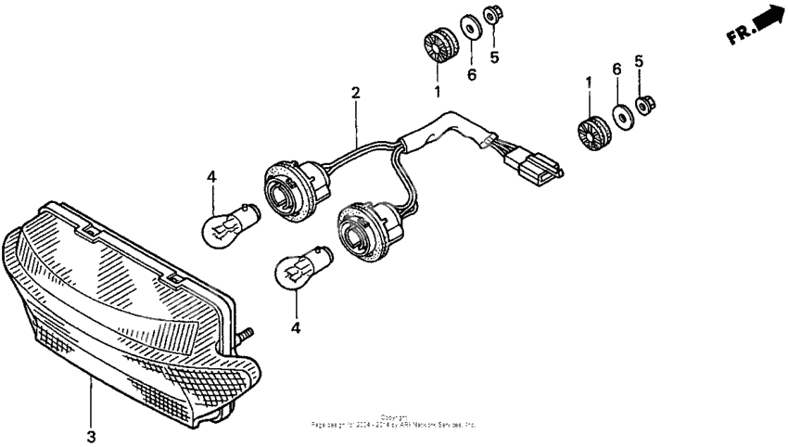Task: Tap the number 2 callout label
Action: (x=356, y=93)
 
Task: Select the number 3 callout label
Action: (x=91, y=437)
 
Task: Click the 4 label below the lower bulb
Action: (x=296, y=327)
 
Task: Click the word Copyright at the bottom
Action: (x=394, y=417)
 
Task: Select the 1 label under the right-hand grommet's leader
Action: (x=588, y=83)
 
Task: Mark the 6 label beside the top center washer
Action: (x=471, y=74)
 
